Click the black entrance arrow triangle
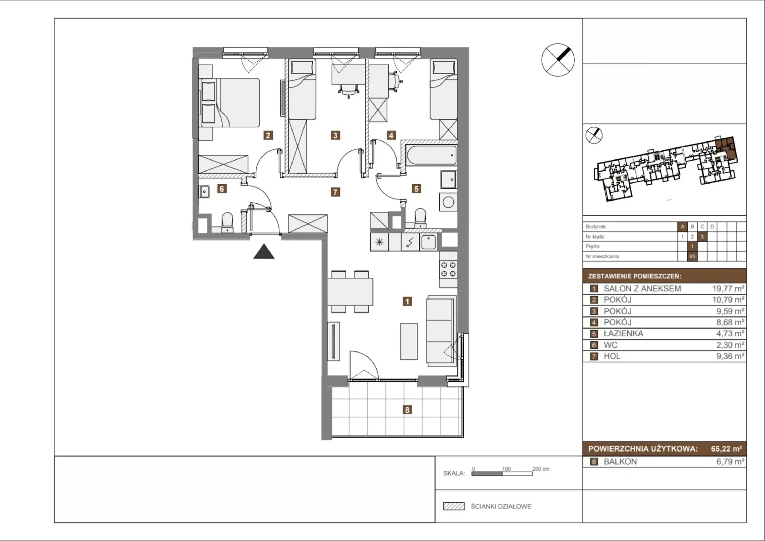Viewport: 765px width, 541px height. (263, 252)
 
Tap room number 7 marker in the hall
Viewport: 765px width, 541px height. (335, 192)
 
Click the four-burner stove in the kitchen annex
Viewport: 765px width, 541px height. (448, 269)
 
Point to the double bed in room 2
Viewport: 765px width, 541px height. (229, 103)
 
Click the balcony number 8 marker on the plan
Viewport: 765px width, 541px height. (407, 409)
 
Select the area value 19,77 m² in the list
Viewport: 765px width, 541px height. (728, 288)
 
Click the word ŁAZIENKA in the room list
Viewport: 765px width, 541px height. (623, 333)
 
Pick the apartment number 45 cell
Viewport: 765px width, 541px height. (692, 256)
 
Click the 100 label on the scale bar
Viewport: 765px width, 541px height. (506, 469)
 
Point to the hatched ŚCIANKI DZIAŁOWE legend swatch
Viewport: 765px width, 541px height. (454, 506)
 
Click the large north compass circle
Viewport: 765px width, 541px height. (557, 60)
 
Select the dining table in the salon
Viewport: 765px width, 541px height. (350, 291)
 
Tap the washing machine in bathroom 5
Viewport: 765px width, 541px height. (448, 202)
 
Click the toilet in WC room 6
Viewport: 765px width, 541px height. (227, 222)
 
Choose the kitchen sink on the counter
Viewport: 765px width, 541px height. (428, 243)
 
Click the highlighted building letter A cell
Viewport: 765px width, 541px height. (682, 227)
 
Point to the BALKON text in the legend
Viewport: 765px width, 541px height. (620, 462)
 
